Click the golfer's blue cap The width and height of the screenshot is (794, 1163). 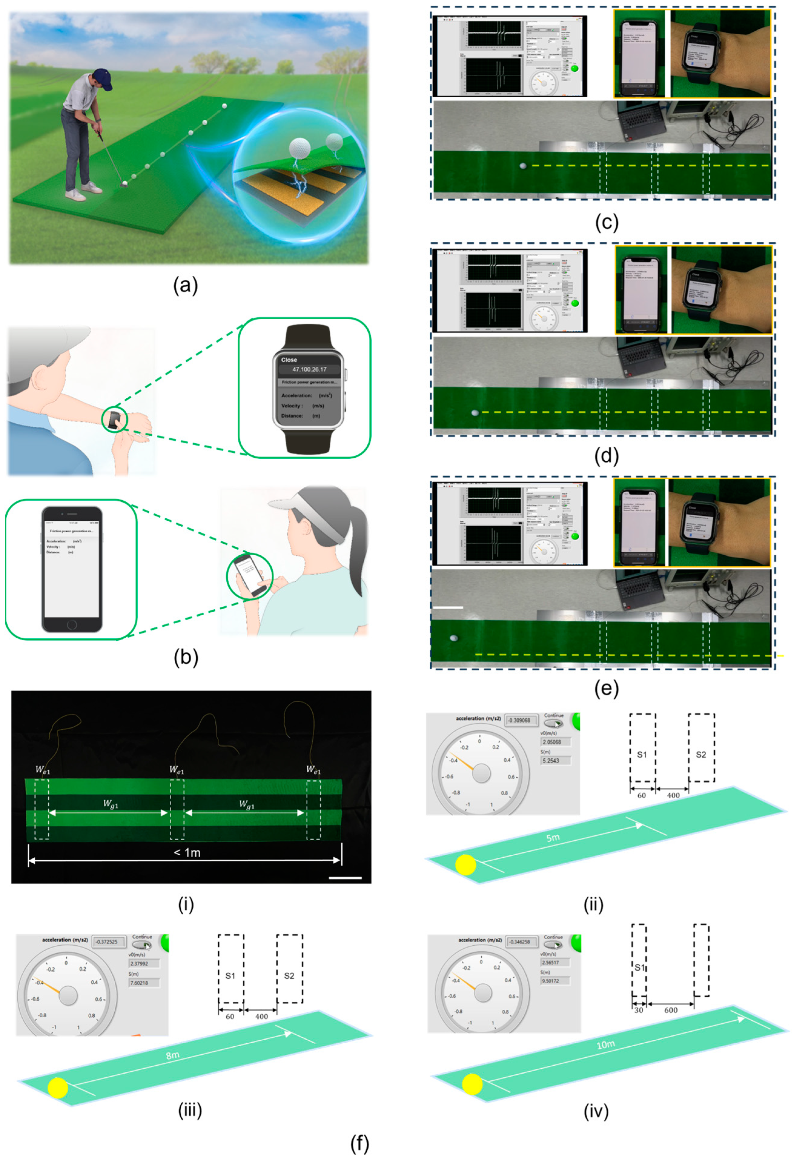(x=102, y=76)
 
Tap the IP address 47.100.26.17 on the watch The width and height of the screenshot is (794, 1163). (x=309, y=369)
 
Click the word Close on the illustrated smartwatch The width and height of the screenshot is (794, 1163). (x=289, y=360)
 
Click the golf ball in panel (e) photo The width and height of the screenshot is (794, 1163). (x=454, y=638)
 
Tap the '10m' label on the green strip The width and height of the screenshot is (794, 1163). (x=606, y=1045)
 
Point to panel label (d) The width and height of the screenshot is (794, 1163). (x=607, y=456)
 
